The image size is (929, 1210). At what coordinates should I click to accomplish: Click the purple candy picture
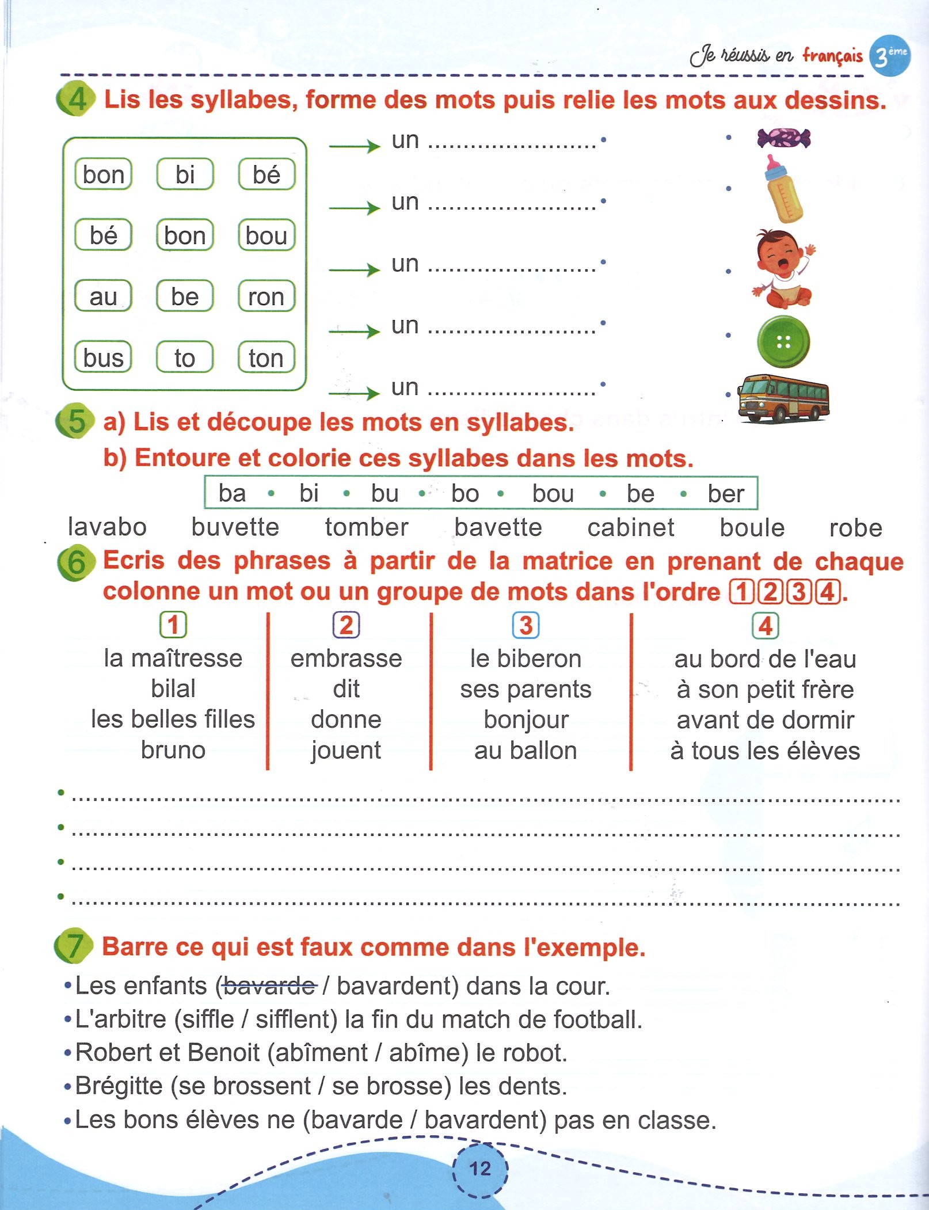[x=783, y=138]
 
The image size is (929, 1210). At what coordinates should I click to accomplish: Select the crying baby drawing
[x=783, y=269]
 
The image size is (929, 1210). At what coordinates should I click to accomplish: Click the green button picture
[x=783, y=342]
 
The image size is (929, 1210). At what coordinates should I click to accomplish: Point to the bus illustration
[x=783, y=398]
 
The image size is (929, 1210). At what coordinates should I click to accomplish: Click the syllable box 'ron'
[x=266, y=296]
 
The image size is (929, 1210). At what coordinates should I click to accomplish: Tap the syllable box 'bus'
[x=104, y=357]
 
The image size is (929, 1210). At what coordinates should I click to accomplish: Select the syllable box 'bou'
[x=266, y=235]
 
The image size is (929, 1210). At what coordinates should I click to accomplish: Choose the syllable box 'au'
[x=104, y=296]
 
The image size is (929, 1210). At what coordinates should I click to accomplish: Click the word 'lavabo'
[x=107, y=527]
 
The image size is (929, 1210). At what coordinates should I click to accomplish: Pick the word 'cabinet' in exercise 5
[x=631, y=527]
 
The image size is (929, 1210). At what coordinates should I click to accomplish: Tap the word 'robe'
[x=855, y=528]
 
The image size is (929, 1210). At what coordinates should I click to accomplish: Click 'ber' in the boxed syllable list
[x=726, y=493]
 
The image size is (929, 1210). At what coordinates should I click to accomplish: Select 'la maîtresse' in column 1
[x=173, y=658]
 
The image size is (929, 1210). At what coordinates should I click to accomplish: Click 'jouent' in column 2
[x=346, y=750]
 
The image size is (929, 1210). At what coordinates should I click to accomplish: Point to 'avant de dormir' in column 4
[x=765, y=720]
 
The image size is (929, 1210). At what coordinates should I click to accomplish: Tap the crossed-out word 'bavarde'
[x=268, y=986]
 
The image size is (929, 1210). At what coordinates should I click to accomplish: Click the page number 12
[x=480, y=1169]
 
